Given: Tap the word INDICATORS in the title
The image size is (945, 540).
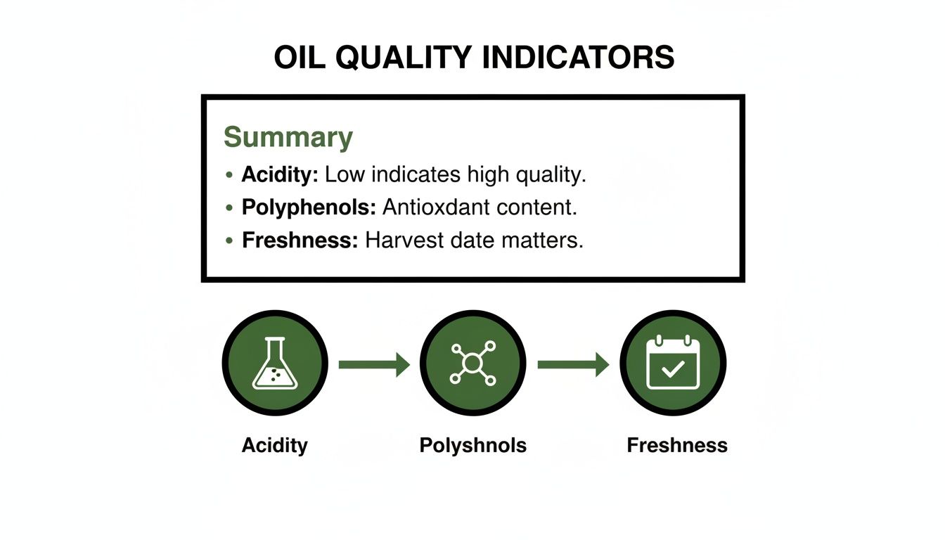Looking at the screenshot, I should (x=578, y=58).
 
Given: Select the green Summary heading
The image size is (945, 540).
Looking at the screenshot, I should (x=288, y=137).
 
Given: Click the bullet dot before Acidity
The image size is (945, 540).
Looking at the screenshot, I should (x=229, y=175).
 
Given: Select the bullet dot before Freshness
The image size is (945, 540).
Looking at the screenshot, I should (x=229, y=241).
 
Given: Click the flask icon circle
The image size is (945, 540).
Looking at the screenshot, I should (x=275, y=364).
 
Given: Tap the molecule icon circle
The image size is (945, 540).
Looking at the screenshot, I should (x=472, y=364).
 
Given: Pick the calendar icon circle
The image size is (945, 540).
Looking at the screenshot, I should (x=673, y=364).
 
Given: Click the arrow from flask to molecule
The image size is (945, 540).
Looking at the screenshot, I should (x=373, y=364).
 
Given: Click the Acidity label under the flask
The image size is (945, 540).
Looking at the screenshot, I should (x=275, y=445).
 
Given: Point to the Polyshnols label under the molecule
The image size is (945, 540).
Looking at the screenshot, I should (x=472, y=445).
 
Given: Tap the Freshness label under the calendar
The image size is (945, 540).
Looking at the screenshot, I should (x=676, y=445).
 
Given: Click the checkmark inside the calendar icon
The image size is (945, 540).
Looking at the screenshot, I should (x=673, y=370).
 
